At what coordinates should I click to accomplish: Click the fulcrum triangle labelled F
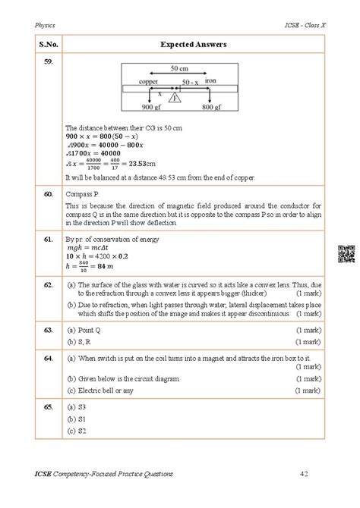click(175, 98)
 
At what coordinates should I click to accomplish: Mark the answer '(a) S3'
click(74, 408)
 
